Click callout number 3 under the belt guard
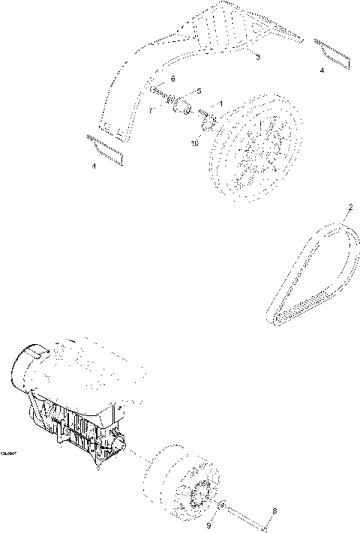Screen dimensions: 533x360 [258, 57]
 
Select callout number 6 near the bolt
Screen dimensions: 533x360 [173, 79]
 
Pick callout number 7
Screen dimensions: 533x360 [151, 110]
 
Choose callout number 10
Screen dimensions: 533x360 [194, 142]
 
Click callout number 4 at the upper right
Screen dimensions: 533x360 [322, 70]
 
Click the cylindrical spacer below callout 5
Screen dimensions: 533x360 [181, 110]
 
